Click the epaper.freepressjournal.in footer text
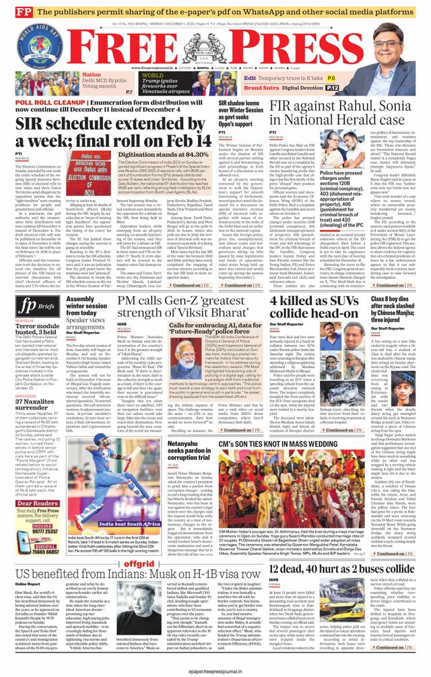(215, 670)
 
